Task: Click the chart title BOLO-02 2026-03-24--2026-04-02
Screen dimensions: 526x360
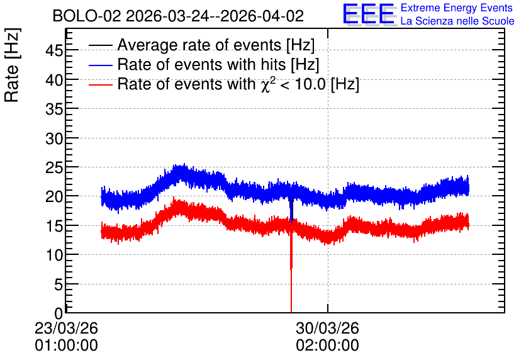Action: pyautogui.click(x=178, y=16)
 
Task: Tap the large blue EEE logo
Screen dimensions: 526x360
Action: pyautogui.click(x=369, y=14)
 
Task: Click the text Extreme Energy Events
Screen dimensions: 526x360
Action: pyautogui.click(x=457, y=8)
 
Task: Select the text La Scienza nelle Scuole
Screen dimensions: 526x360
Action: pyautogui.click(x=457, y=21)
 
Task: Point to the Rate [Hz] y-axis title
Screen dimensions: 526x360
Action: pyautogui.click(x=12, y=65)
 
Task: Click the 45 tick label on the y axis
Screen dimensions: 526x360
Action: pyautogui.click(x=54, y=50)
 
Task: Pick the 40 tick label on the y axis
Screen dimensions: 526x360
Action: pyautogui.click(x=54, y=80)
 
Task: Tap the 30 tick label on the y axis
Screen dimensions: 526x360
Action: pyautogui.click(x=54, y=138)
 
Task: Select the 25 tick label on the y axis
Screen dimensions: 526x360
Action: pyautogui.click(x=54, y=167)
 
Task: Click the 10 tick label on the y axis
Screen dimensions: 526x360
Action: pyautogui.click(x=54, y=255)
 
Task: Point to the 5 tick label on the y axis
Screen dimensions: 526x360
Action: pyautogui.click(x=59, y=284)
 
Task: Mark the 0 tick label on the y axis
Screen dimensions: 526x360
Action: pyautogui.click(x=59, y=313)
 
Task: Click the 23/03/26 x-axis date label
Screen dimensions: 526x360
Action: pyautogui.click(x=67, y=328)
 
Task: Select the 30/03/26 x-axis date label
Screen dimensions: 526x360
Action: pyautogui.click(x=327, y=328)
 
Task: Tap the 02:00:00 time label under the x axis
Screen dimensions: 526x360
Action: pyautogui.click(x=327, y=345)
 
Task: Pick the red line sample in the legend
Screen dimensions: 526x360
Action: pyautogui.click(x=101, y=84)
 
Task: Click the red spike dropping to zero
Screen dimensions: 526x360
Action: pyautogui.click(x=291, y=268)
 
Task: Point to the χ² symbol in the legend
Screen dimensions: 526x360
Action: pyautogui.click(x=266, y=84)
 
